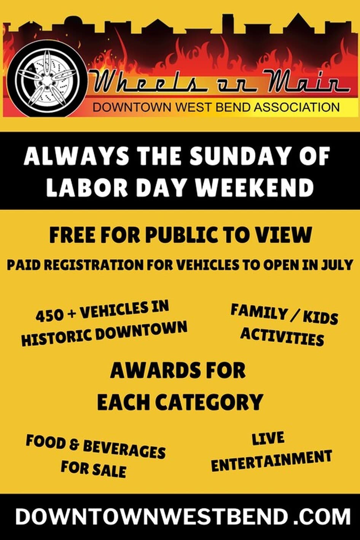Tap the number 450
[50, 316]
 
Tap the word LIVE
[268, 438]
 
